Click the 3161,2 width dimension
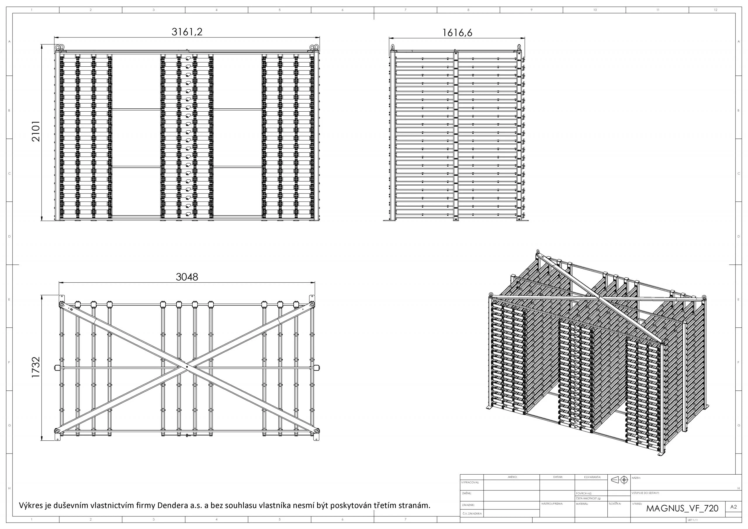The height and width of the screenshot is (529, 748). [187, 32]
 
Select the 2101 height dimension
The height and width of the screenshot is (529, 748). [36, 131]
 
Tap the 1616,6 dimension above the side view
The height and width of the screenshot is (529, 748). [457, 33]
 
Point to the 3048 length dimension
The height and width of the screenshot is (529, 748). [187, 277]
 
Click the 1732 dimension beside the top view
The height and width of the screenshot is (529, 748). [36, 367]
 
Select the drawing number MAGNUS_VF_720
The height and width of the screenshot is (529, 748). [682, 509]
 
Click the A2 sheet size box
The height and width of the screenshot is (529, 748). [733, 507]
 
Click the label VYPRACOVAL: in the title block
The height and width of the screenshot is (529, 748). [470, 483]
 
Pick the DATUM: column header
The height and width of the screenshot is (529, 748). [558, 477]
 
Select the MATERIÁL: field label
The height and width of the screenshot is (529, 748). [582, 504]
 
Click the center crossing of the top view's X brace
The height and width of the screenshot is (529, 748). [187, 367]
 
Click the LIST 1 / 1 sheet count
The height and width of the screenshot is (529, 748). [692, 520]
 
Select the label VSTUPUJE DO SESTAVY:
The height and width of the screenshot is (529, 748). [645, 493]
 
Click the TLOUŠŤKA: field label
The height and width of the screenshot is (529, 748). [615, 504]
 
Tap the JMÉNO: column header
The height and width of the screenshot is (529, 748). [512, 477]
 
